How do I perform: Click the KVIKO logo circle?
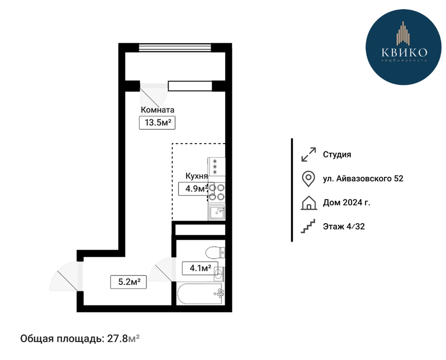coord(403,47)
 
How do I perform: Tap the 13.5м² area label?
coord(157,122)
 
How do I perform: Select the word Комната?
coord(158,110)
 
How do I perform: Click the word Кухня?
coord(197,176)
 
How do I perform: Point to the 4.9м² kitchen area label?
coord(195,188)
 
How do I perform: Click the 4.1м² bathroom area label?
coord(200,268)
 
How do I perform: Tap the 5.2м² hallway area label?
coord(128,282)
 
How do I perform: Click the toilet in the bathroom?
coord(215,252)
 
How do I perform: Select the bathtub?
coord(200,294)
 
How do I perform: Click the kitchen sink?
coord(217,212)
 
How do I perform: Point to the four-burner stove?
coord(217,192)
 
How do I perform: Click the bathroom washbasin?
coord(219,274)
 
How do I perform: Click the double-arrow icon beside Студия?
coord(309,154)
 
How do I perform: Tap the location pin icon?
coord(308,179)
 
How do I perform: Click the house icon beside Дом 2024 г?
coord(309,203)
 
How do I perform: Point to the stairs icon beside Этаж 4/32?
coord(308,226)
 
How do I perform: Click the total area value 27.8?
coord(117,338)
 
